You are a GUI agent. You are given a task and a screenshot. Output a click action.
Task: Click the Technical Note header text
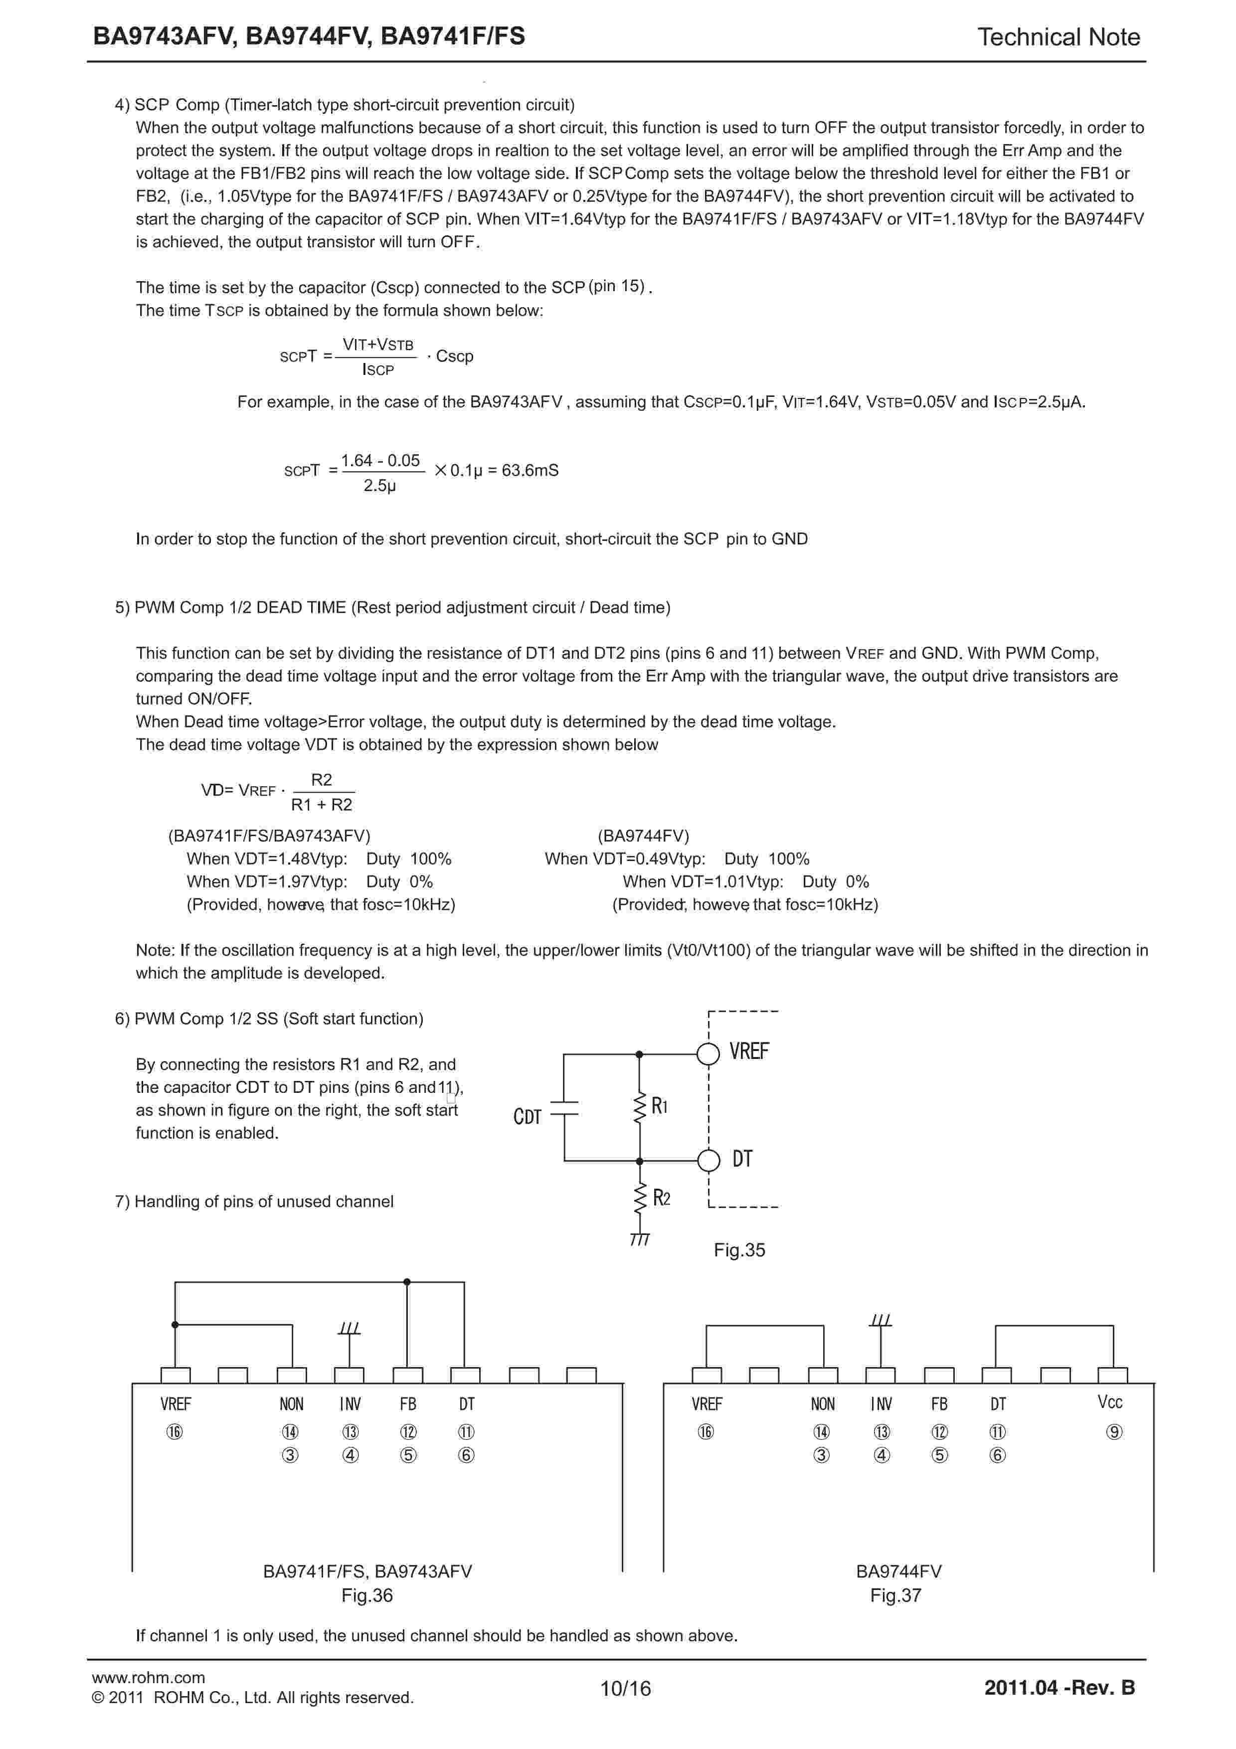coord(1058,36)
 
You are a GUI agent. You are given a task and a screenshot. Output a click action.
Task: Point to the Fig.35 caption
coord(739,1249)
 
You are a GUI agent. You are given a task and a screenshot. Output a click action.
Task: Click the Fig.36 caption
coord(367,1595)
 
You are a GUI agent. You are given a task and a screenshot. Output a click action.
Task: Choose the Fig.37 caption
coord(895,1595)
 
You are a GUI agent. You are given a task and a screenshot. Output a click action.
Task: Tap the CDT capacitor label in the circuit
coord(527,1117)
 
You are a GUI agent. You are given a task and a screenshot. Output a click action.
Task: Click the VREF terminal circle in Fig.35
coord(708,1054)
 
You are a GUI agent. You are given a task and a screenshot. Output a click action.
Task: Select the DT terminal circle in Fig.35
coord(708,1160)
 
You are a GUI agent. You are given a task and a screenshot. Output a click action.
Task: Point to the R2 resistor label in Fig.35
coord(661,1198)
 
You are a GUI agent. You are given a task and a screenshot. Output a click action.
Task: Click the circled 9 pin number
coord(1113,1432)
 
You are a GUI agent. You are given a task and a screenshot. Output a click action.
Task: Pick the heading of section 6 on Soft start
coord(269,1019)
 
